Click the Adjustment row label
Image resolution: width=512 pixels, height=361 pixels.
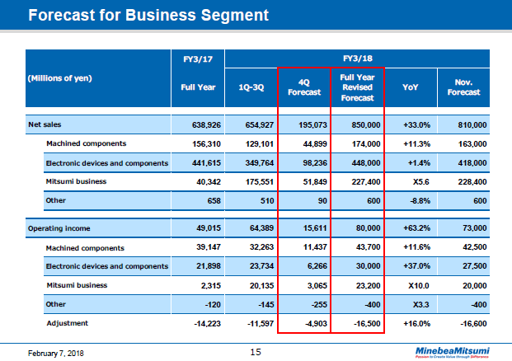pyautogui.click(x=68, y=323)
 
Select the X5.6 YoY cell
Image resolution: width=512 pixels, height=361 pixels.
pyautogui.click(x=413, y=181)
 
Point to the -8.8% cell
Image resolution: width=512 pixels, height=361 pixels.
pyautogui.click(x=413, y=200)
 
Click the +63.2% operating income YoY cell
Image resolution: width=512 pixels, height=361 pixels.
pyautogui.click(x=413, y=228)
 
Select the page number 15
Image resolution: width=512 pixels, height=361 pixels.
pyautogui.click(x=256, y=352)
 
